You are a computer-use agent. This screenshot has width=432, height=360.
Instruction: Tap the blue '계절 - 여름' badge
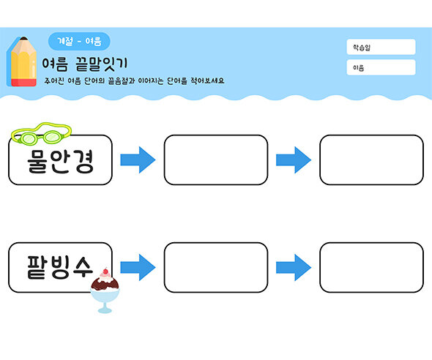pyautogui.click(x=78, y=41)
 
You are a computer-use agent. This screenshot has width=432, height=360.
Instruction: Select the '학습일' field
pyautogui.click(x=381, y=47)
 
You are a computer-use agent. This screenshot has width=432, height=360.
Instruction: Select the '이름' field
pyautogui.click(x=381, y=67)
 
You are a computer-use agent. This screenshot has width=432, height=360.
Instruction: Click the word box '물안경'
pyautogui.click(x=61, y=160)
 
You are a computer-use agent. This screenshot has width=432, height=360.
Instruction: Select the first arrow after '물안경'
pyautogui.click(x=138, y=160)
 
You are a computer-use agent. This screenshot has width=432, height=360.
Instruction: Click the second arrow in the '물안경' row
pyautogui.click(x=294, y=160)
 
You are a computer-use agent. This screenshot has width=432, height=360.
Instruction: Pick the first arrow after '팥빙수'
pyautogui.click(x=138, y=267)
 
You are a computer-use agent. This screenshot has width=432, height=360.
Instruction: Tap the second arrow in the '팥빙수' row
pyautogui.click(x=294, y=267)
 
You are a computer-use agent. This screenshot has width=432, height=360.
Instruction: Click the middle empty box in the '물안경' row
pyautogui.click(x=216, y=160)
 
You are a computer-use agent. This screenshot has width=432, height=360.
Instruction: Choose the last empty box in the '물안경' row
pyautogui.click(x=371, y=160)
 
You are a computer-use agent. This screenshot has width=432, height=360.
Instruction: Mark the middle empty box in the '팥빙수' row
pyautogui.click(x=216, y=267)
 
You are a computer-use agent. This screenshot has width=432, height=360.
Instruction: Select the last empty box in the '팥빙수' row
pyautogui.click(x=371, y=267)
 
